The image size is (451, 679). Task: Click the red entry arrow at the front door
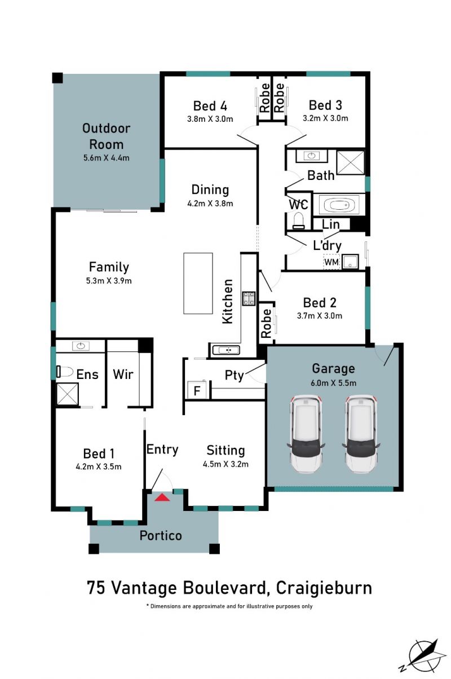[x=162, y=497]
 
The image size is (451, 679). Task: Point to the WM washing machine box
[x=331, y=262]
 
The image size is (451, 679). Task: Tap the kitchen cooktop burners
[x=248, y=298]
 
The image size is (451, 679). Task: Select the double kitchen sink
[x=226, y=350]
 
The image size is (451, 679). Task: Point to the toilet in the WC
[x=298, y=220]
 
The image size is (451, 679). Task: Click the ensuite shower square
[x=68, y=394]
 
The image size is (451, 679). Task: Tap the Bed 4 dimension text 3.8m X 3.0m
[x=210, y=119]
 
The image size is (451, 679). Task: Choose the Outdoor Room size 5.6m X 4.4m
[x=107, y=158]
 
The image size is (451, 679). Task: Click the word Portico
[x=161, y=536]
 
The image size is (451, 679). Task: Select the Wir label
[x=123, y=374]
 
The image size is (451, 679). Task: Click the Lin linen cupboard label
[x=331, y=224]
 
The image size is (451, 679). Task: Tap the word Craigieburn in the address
[x=324, y=588]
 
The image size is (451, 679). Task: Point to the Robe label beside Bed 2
[x=266, y=323]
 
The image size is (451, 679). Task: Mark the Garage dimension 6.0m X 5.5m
[x=333, y=383]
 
